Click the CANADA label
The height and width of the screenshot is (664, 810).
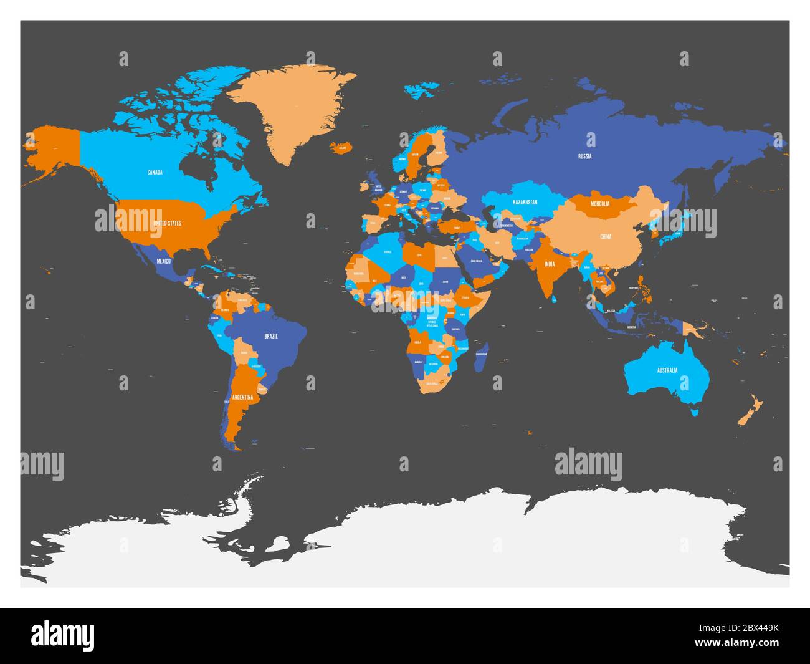tap(155, 172)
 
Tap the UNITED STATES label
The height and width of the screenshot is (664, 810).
tap(167, 223)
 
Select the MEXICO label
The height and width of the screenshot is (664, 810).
tap(163, 261)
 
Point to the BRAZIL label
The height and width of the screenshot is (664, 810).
tap(271, 336)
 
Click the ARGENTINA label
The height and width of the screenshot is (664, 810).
tap(242, 397)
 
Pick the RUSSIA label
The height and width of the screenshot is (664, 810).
tap(584, 156)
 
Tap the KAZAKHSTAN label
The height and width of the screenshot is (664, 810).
tap(525, 203)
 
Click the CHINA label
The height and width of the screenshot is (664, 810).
tap(606, 237)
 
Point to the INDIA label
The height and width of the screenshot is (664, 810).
tap(549, 264)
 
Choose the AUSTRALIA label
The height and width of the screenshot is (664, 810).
tap(667, 370)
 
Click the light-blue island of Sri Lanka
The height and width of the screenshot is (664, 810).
tap(553, 297)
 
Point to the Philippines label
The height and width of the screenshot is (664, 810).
tap(636, 287)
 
